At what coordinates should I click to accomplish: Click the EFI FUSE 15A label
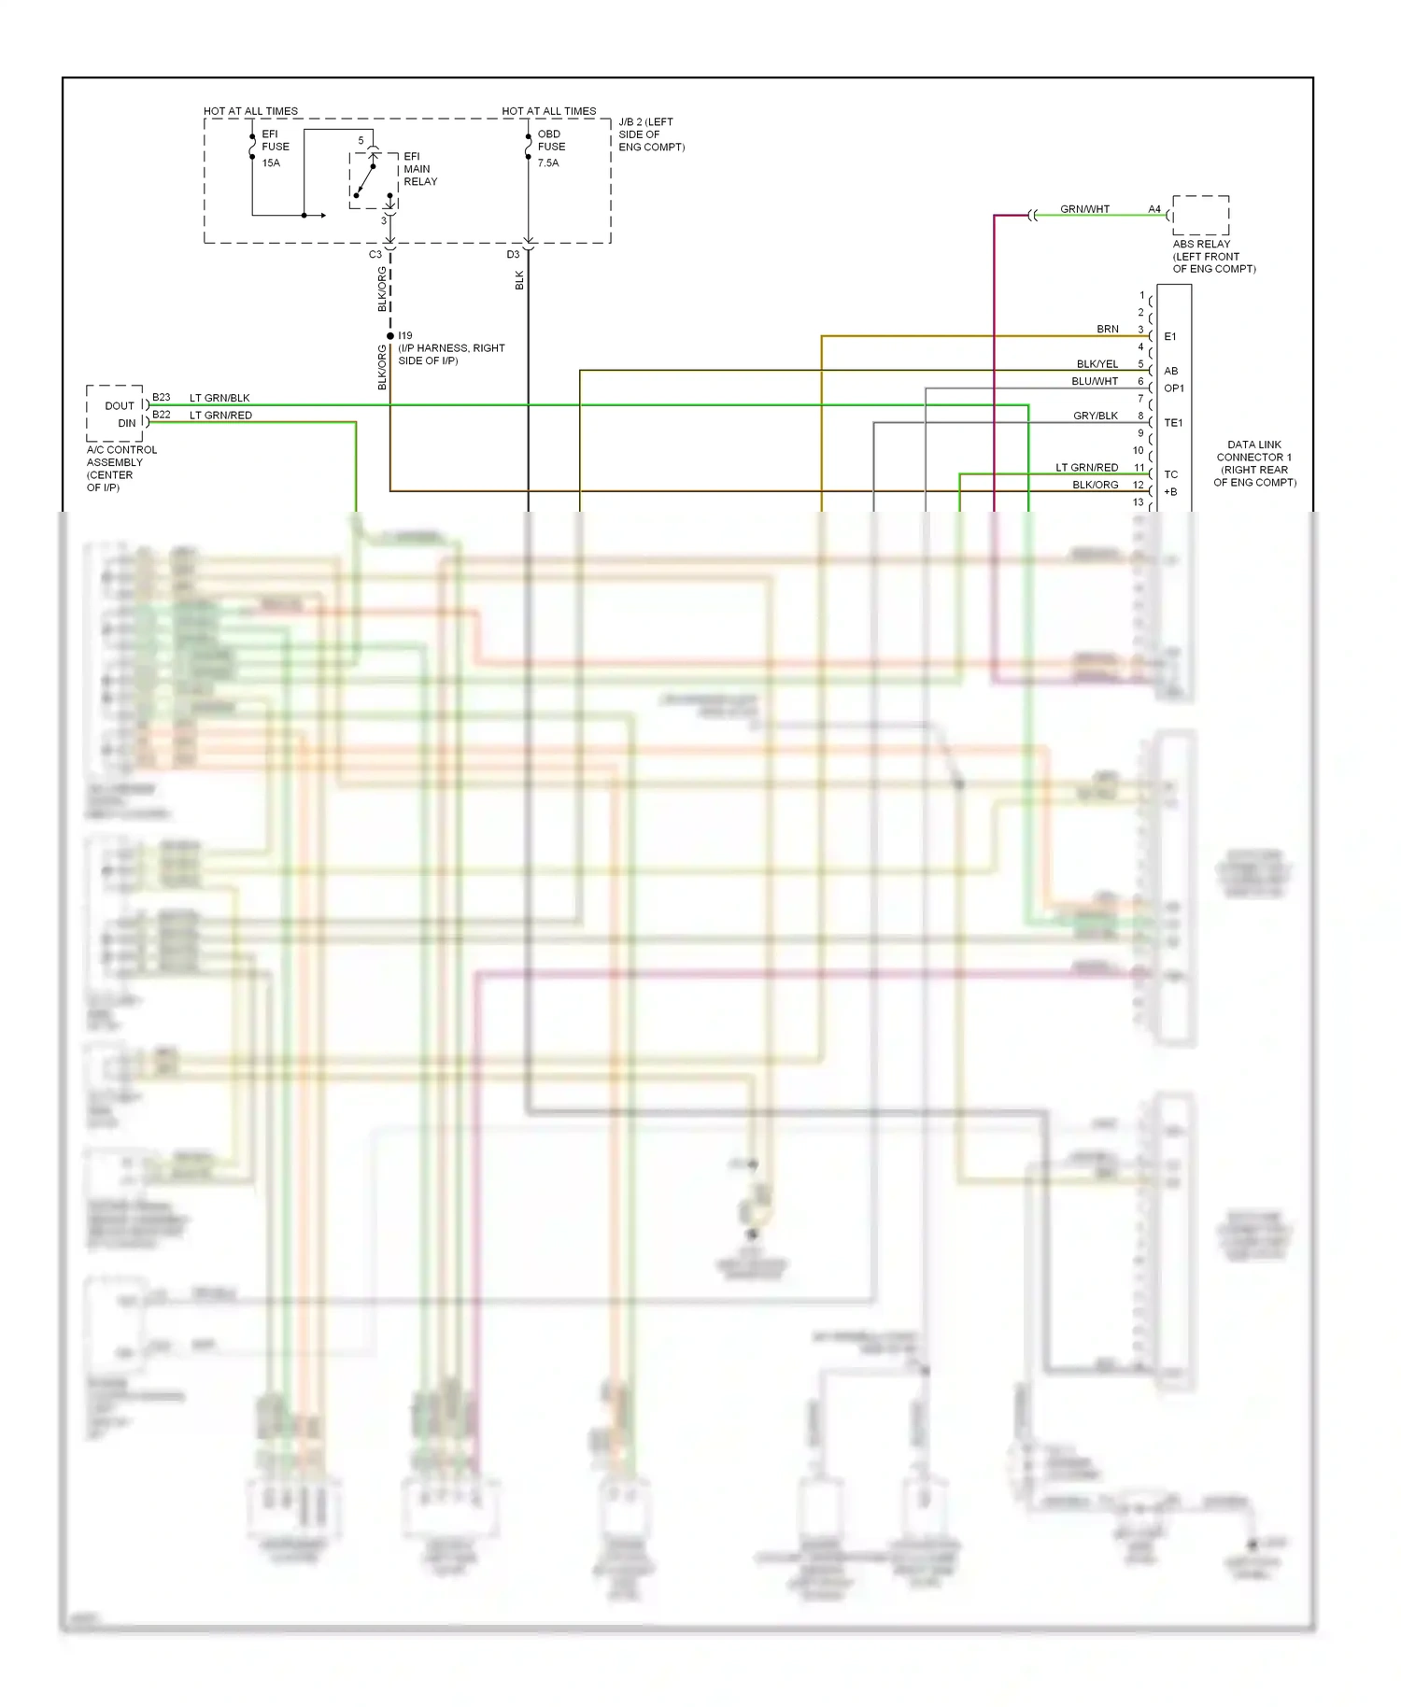275,148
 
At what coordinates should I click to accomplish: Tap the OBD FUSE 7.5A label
550,148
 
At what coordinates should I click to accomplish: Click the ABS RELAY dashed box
1200,216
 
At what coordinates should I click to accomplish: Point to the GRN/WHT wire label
1084,209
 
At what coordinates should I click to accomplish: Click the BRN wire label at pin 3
1107,329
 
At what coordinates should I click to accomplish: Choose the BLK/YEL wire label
1097,364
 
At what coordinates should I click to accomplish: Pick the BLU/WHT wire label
1094,381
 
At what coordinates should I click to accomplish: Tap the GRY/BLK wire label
1095,416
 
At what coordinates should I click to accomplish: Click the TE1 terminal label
1173,423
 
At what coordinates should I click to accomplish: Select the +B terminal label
1170,492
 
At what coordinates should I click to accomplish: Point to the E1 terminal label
1170,336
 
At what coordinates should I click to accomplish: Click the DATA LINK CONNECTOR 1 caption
1254,463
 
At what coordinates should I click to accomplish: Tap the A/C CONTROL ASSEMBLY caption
121,468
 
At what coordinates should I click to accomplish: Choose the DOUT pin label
120,405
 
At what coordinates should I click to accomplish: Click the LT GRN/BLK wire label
219,398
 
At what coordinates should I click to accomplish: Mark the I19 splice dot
390,336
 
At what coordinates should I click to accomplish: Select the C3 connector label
375,254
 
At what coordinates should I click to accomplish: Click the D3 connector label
513,254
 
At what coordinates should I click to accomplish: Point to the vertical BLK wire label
519,280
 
